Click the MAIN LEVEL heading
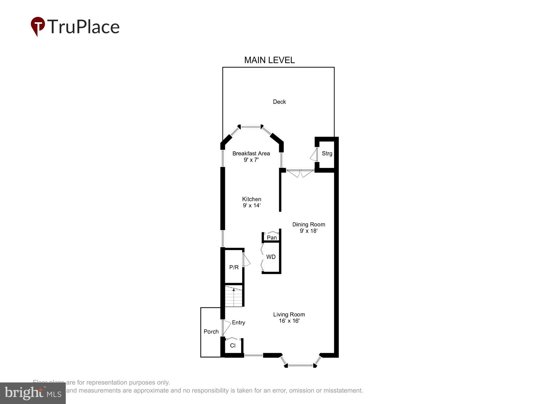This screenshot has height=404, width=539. click(269, 60)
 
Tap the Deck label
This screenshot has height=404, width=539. click(279, 102)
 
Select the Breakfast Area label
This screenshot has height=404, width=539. click(251, 154)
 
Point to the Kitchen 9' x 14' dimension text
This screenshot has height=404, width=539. click(251, 206)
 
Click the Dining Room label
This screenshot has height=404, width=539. click(309, 224)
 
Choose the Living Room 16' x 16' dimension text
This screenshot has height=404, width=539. click(289, 321)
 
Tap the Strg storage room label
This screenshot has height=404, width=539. click(327, 154)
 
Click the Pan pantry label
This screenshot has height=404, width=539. click(272, 238)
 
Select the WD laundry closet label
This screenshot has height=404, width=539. click(271, 257)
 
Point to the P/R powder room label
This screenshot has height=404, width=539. click(234, 267)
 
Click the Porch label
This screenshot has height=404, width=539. click(211, 332)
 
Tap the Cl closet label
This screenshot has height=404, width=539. click(233, 346)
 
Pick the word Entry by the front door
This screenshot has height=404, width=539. click(239, 322)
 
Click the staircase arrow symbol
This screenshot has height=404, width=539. click(234, 290)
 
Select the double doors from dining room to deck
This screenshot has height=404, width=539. click(300, 173)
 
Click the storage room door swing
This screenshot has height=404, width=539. click(313, 155)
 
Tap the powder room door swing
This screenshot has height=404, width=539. click(246, 260)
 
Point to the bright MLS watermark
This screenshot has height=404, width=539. click(33, 393)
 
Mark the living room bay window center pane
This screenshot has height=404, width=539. click(300, 365)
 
